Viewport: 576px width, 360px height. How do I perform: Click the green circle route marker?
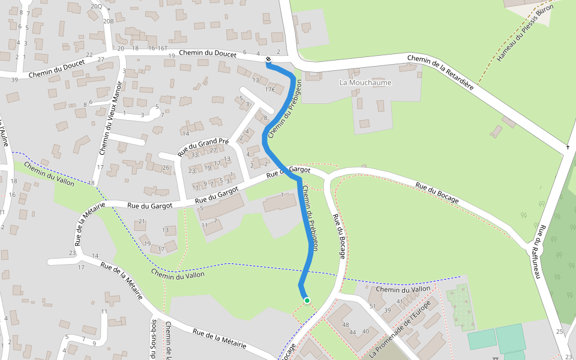click(307, 300)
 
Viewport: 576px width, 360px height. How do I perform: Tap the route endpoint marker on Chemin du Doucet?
click(268, 59)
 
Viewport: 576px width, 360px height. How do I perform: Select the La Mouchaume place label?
click(365, 82)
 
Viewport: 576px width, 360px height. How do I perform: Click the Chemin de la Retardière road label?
click(440, 73)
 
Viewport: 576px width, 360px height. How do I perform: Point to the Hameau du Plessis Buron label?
click(524, 35)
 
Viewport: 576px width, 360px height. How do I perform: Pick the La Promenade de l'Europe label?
click(400, 328)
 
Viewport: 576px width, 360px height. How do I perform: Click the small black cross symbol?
click(568, 147)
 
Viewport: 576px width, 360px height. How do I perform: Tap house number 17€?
click(269, 90)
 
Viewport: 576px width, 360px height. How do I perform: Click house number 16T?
click(162, 48)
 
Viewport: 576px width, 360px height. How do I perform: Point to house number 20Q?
click(96, 6)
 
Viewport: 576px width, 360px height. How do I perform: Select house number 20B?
click(108, 21)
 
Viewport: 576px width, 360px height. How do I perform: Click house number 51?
click(372, 307)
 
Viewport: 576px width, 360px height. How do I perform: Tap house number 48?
click(346, 325)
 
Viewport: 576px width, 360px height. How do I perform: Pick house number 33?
click(194, 155)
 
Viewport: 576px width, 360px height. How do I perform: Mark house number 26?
click(166, 167)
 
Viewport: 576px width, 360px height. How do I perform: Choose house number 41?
click(400, 301)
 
